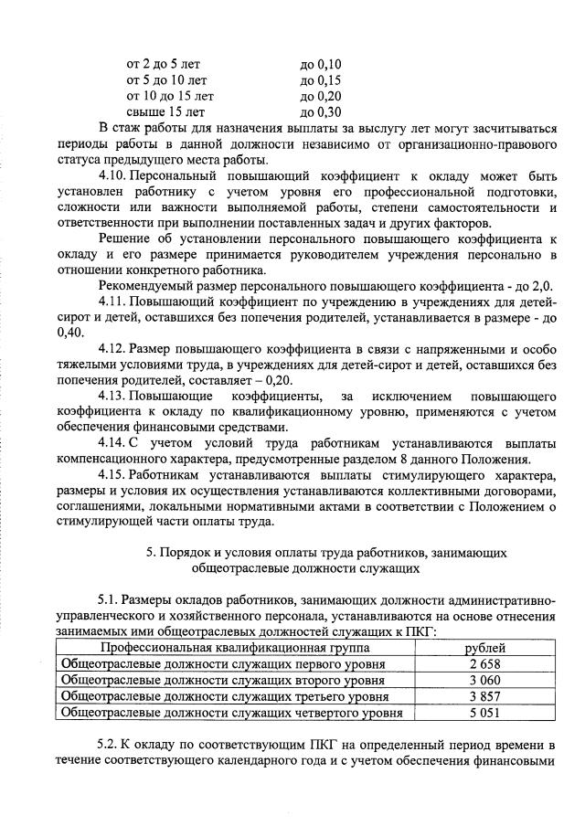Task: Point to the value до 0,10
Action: click(320, 64)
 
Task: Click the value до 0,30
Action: click(320, 112)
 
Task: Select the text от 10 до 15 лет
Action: click(170, 96)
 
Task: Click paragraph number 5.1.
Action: click(109, 598)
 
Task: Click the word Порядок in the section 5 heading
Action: click(186, 552)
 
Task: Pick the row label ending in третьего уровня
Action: click(225, 696)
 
